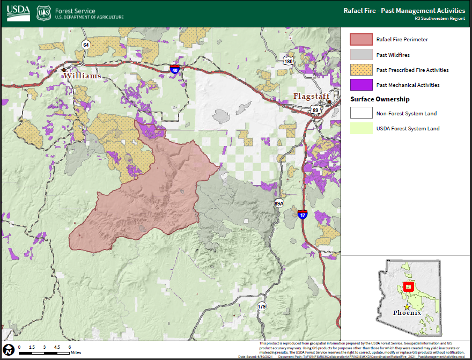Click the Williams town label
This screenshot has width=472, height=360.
(83, 76)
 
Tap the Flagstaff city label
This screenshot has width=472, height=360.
(311, 96)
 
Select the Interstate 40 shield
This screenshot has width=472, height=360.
(175, 69)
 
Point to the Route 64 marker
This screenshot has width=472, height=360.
(86, 45)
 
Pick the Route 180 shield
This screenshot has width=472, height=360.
(289, 61)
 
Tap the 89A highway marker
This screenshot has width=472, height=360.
(278, 203)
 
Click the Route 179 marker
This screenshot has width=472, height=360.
(262, 306)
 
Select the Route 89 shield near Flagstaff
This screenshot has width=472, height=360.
(315, 111)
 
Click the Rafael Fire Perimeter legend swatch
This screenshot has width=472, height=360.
(361, 40)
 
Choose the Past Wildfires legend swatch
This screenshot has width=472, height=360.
(361, 55)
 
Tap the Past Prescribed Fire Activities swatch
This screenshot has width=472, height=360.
(361, 70)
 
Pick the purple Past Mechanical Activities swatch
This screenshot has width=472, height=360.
(361, 85)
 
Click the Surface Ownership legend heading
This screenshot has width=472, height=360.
(380, 99)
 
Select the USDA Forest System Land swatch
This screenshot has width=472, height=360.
(361, 128)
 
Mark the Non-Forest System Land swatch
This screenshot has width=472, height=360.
(361, 113)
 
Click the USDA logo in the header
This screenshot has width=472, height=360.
(18, 13)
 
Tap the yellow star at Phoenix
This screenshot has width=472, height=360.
(407, 307)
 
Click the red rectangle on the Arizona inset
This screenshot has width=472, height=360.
(409, 287)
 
